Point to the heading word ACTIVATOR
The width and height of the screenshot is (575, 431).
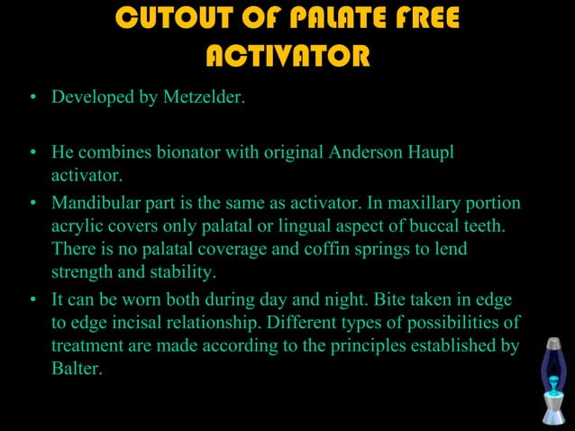pos(287,57)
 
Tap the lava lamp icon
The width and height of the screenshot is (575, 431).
pos(552,380)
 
